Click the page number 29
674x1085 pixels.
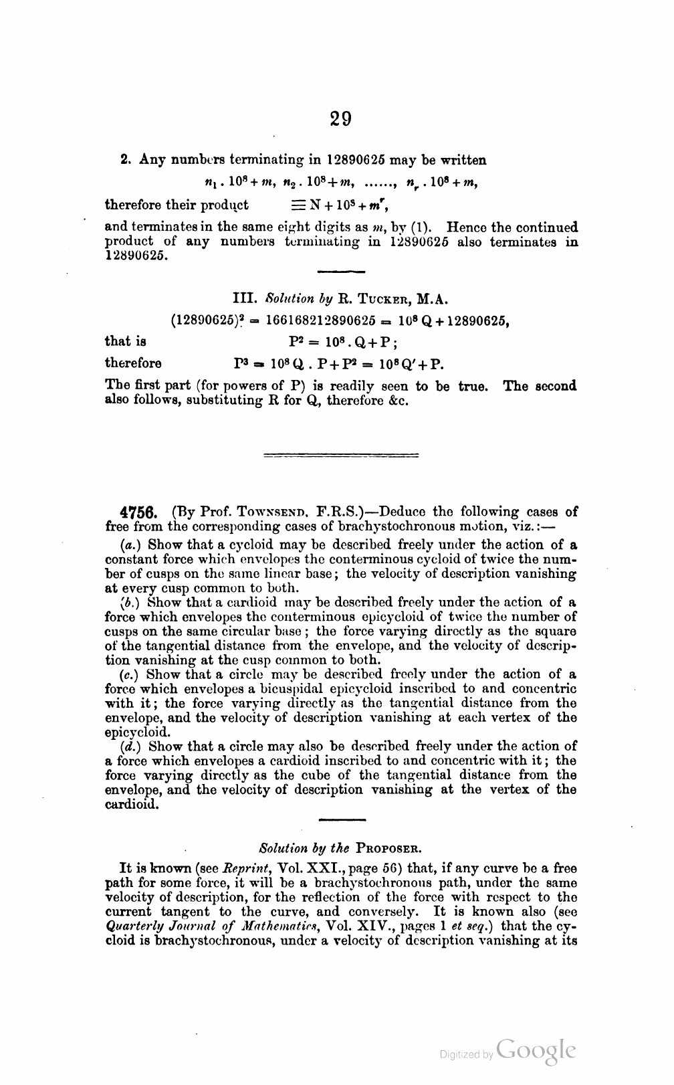click(340, 119)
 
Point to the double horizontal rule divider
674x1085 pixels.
click(342, 456)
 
